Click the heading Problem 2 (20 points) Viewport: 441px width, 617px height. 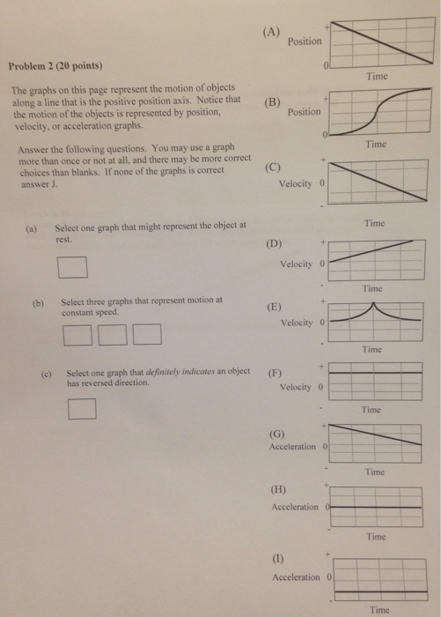(55, 65)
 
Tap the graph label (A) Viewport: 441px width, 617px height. (270, 33)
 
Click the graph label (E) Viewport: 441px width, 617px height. (274, 308)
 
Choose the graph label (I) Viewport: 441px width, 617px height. (276, 560)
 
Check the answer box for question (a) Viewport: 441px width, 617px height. (72, 266)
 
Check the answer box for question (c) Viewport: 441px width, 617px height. (81, 407)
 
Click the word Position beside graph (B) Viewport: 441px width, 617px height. (305, 112)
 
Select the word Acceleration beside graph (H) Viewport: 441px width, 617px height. (295, 508)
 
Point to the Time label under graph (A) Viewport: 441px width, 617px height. (377, 77)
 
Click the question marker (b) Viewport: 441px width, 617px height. (38, 301)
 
